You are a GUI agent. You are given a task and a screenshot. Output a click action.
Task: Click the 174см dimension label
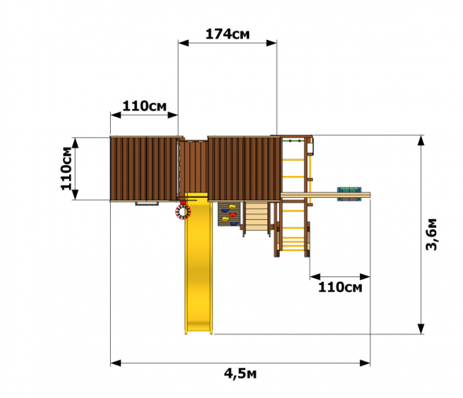coord(227,35)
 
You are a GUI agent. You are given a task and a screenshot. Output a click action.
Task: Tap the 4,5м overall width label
coord(240,374)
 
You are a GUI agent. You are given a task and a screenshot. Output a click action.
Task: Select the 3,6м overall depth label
coord(432,235)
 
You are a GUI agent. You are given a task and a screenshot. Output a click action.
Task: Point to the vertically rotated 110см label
coord(67,168)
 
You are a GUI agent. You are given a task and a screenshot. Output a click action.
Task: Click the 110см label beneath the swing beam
coord(340,287)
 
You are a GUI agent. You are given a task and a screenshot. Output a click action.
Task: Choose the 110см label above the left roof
coord(145,106)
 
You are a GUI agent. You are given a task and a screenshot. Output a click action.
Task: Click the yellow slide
coord(198,263)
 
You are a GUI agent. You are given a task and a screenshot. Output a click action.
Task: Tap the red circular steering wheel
coord(183,212)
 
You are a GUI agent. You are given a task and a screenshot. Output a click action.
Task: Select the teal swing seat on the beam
coord(349,194)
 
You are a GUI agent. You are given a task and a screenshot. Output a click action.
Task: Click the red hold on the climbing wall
coord(233,214)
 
